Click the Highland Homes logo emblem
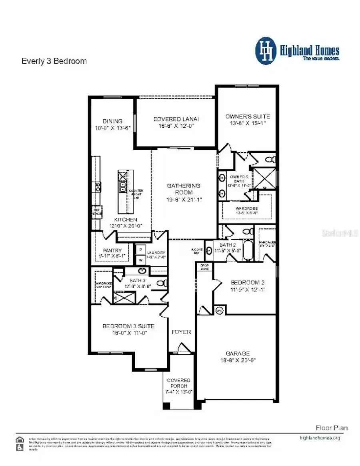click(266, 51)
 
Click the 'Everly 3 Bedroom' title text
click(54, 61)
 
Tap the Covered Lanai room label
click(176, 119)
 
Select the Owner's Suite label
click(248, 116)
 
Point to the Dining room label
click(112, 121)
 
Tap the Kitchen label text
click(126, 220)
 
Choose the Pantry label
click(112, 251)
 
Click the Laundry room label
click(156, 253)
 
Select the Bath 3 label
click(137, 281)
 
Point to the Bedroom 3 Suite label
click(128, 326)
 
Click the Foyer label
click(181, 332)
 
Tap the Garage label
click(238, 354)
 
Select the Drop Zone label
click(204, 267)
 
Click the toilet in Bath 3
click(162, 283)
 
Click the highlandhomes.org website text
click(320, 438)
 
